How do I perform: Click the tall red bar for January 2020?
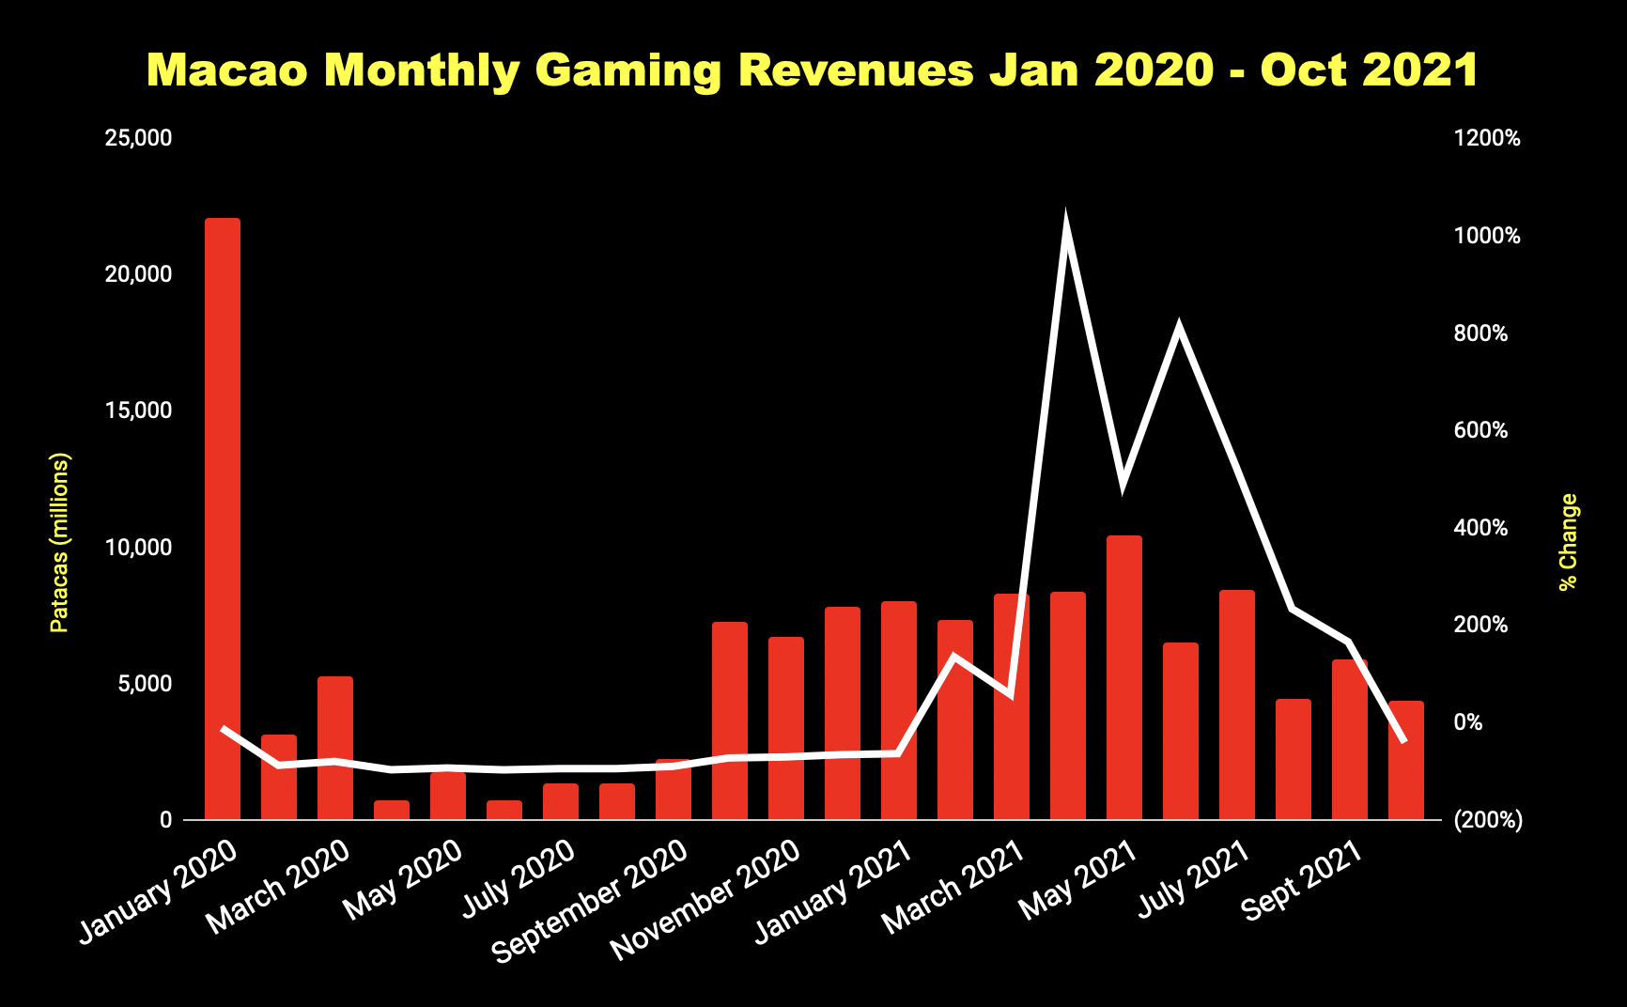tap(223, 517)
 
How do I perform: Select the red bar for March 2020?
tap(335, 747)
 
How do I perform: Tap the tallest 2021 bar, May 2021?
tap(1124, 676)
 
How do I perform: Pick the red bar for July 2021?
tap(1237, 705)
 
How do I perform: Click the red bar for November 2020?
tap(786, 728)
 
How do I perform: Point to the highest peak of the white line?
tap(1066, 221)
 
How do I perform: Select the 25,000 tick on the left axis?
tap(139, 138)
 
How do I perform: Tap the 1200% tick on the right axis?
tap(1487, 138)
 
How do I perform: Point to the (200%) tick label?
tap(1488, 820)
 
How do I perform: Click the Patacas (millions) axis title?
tap(59, 543)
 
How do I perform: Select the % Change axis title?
tap(1568, 542)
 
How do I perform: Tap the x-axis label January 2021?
tap(834, 890)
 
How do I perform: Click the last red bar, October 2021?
tap(1406, 761)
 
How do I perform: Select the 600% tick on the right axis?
tap(1480, 430)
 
